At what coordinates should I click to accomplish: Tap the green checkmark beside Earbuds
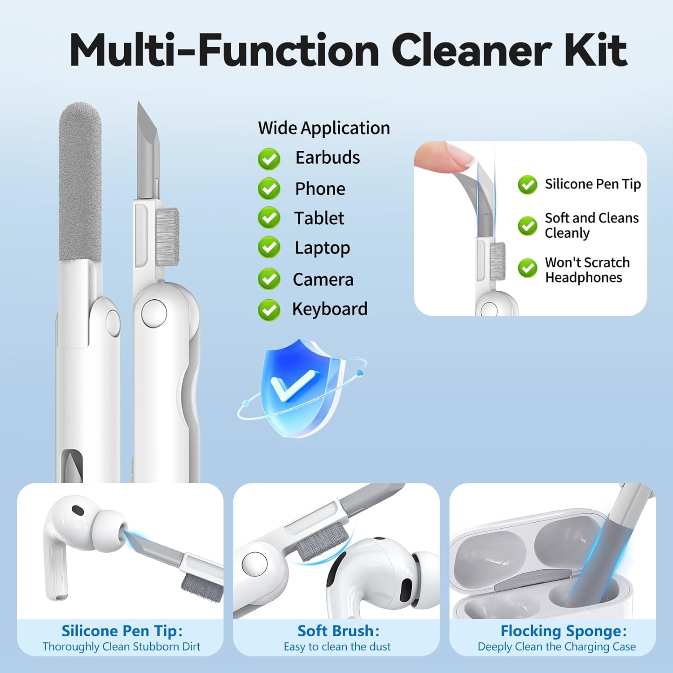click(269, 159)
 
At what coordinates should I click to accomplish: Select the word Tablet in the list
click(319, 218)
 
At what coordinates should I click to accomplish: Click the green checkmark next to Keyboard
click(269, 310)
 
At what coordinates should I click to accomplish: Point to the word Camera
click(323, 280)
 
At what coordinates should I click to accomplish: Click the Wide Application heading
click(324, 128)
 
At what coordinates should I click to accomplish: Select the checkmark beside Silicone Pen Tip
click(527, 184)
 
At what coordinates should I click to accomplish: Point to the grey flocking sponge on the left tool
click(80, 182)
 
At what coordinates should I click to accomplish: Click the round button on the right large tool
click(154, 313)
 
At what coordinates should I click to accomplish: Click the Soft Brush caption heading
click(338, 631)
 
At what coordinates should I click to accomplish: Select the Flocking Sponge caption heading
click(564, 631)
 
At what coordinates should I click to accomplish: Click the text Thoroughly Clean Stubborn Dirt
click(121, 647)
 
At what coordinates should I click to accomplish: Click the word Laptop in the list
click(322, 248)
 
